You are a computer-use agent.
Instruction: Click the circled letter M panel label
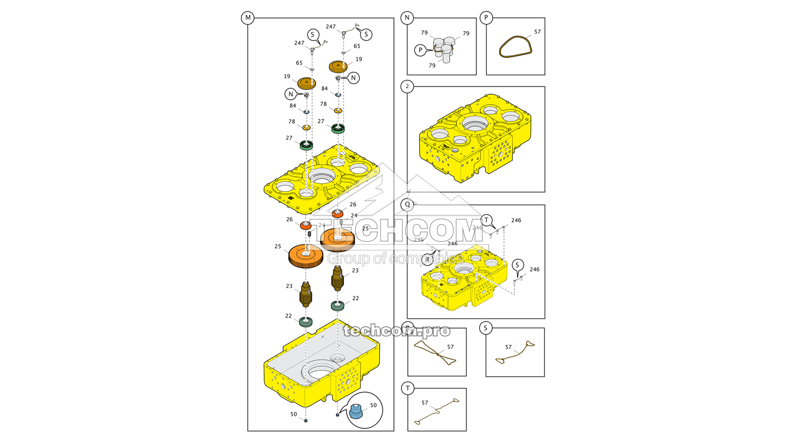click(248, 18)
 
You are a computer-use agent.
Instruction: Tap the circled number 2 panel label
click(407, 86)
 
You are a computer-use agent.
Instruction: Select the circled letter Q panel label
click(407, 204)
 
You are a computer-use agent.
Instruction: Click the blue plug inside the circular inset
click(355, 411)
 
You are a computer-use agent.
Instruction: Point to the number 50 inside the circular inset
click(373, 405)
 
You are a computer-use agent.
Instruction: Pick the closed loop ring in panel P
click(515, 47)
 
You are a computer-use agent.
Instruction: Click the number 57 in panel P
click(537, 32)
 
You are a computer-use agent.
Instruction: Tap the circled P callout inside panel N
click(420, 50)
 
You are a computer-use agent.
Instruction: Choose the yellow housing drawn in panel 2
click(475, 139)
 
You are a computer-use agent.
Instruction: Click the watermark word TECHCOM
click(396, 230)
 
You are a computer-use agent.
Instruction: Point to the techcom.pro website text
click(396, 331)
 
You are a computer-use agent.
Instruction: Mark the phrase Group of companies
click(396, 259)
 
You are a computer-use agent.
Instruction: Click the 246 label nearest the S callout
click(534, 270)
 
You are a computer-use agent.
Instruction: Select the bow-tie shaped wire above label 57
click(435, 353)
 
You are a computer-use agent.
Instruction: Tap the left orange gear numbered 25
click(305, 256)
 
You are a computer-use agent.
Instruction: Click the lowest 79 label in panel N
click(432, 65)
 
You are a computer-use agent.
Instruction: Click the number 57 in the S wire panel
click(508, 347)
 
